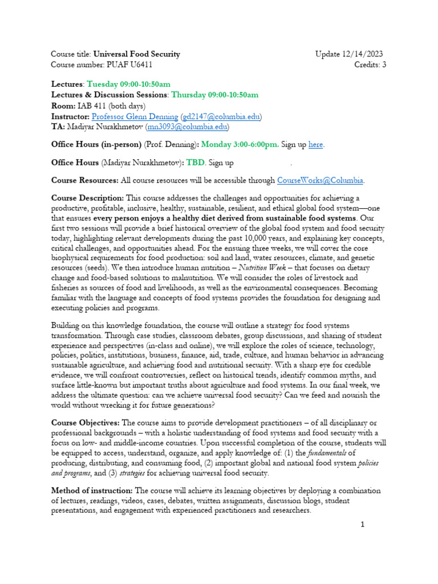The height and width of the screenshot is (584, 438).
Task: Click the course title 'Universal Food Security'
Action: (x=136, y=54)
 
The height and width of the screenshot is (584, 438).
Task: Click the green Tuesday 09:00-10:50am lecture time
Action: (x=128, y=84)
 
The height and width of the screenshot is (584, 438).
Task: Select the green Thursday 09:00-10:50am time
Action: (x=214, y=95)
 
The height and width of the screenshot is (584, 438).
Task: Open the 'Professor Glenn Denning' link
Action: (x=136, y=116)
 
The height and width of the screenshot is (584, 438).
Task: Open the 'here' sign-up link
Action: (x=315, y=144)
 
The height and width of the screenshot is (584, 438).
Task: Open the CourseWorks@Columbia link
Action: (x=320, y=181)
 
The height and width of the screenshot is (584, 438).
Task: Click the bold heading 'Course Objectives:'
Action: (x=86, y=423)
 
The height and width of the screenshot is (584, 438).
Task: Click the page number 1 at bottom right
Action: (x=362, y=525)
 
